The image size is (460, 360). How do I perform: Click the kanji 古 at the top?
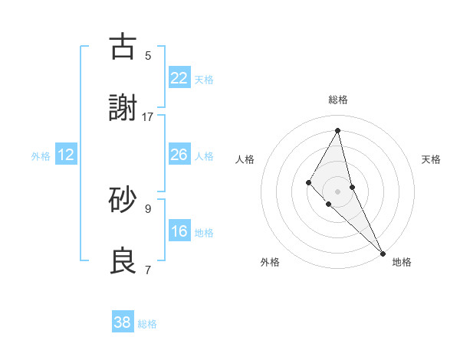click(123, 47)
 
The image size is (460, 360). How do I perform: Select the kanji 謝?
click(123, 109)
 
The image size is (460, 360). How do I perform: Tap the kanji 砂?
click(123, 200)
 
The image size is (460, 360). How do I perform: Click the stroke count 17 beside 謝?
click(148, 116)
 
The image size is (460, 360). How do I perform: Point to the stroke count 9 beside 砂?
click(148, 208)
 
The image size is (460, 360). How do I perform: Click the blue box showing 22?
click(179, 78)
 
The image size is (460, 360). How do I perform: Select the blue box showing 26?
click(179, 155)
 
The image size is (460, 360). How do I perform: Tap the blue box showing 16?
click(179, 232)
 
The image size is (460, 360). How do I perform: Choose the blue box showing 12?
click(66, 155)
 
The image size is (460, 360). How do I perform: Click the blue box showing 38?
click(123, 322)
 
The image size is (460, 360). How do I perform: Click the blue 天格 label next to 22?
click(204, 79)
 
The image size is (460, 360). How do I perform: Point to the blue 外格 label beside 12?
click(41, 156)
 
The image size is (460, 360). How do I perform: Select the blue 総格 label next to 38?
click(147, 324)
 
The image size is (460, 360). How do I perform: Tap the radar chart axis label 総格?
click(338, 100)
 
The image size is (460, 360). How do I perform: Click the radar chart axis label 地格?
click(402, 262)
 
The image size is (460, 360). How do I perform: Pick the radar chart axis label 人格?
click(245, 159)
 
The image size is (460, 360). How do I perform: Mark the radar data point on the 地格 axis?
click(383, 252)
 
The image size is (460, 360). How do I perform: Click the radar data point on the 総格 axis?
click(338, 129)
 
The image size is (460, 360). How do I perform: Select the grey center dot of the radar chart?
click(338, 191)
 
